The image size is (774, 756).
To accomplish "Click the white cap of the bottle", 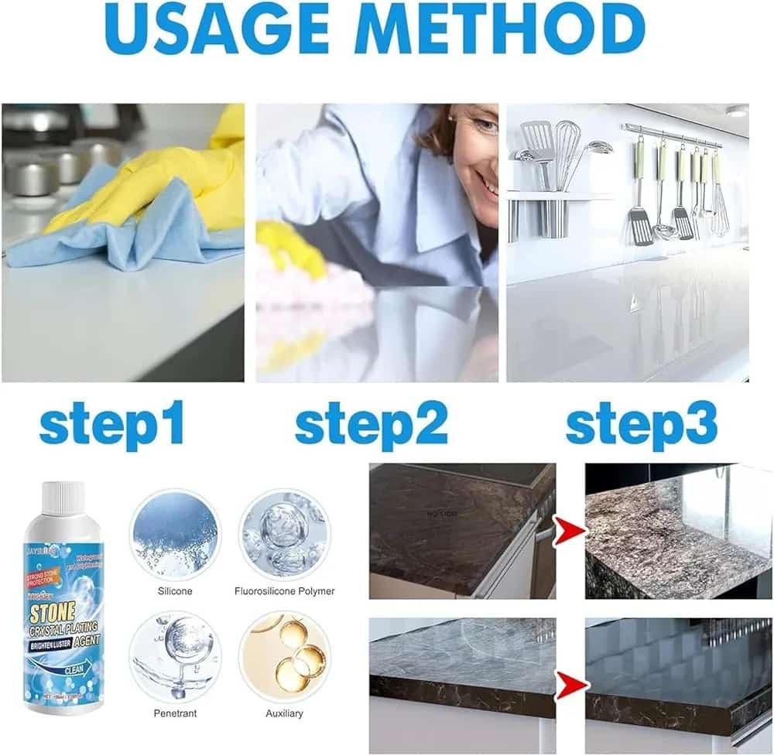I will tap(61, 499).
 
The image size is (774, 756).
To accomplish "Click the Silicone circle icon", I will tap(174, 534).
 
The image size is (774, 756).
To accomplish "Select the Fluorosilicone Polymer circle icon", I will tap(284, 534).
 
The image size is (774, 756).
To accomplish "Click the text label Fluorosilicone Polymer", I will tap(284, 591).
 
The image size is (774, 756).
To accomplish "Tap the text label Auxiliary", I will tap(284, 713).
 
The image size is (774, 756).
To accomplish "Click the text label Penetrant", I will tap(174, 713).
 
